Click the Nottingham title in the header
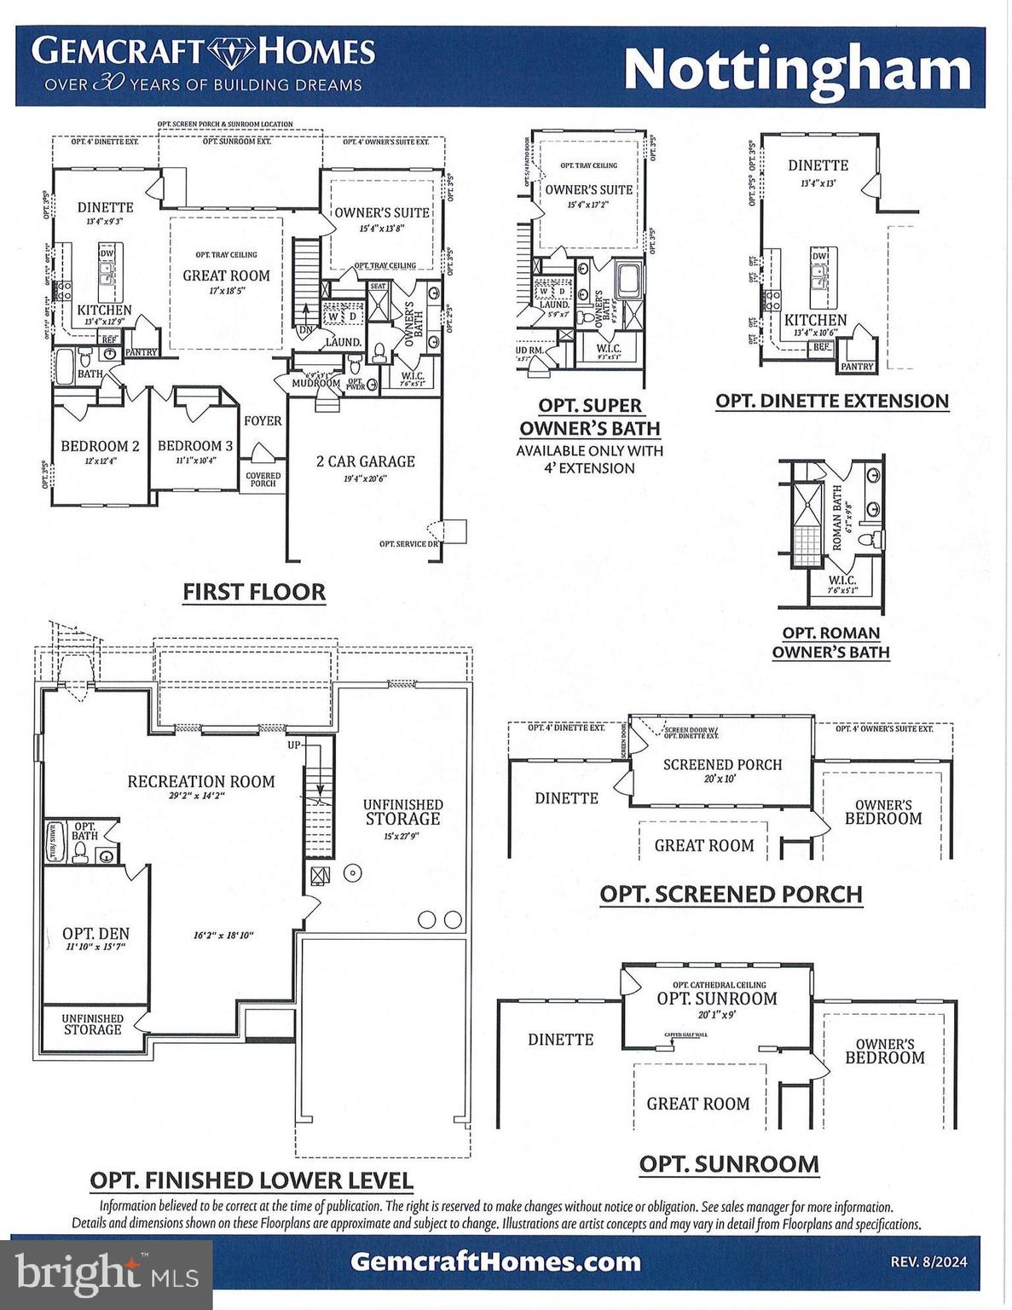click(x=797, y=69)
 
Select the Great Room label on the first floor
click(x=226, y=275)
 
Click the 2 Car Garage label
click(x=365, y=461)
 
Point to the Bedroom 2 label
click(x=100, y=446)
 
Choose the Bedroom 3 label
click(x=194, y=446)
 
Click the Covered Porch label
click(x=263, y=479)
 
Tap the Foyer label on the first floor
click(x=263, y=420)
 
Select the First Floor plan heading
click(x=254, y=592)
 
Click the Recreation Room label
click(x=201, y=781)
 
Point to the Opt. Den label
click(x=95, y=934)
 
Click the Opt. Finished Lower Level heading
click(x=252, y=1181)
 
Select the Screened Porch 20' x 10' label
click(x=722, y=765)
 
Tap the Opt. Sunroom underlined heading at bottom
click(x=729, y=1164)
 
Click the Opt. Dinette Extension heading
click(x=831, y=401)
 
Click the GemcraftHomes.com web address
click(x=495, y=1261)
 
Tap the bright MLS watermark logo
click(x=107, y=1273)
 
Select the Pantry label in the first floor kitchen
click(x=142, y=352)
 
